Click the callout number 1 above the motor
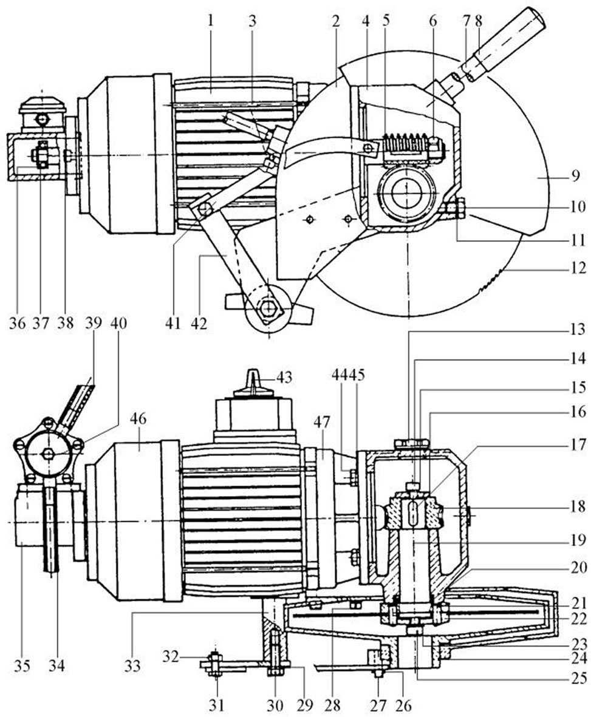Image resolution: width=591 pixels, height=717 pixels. (210, 21)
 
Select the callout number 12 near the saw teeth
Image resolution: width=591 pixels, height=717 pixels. (578, 267)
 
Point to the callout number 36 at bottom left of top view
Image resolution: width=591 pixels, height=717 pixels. (17, 324)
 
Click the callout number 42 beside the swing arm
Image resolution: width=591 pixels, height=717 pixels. (199, 324)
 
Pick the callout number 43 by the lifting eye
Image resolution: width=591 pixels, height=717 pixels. (284, 378)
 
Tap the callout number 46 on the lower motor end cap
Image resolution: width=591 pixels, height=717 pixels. (138, 418)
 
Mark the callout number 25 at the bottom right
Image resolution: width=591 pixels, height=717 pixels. (578, 678)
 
